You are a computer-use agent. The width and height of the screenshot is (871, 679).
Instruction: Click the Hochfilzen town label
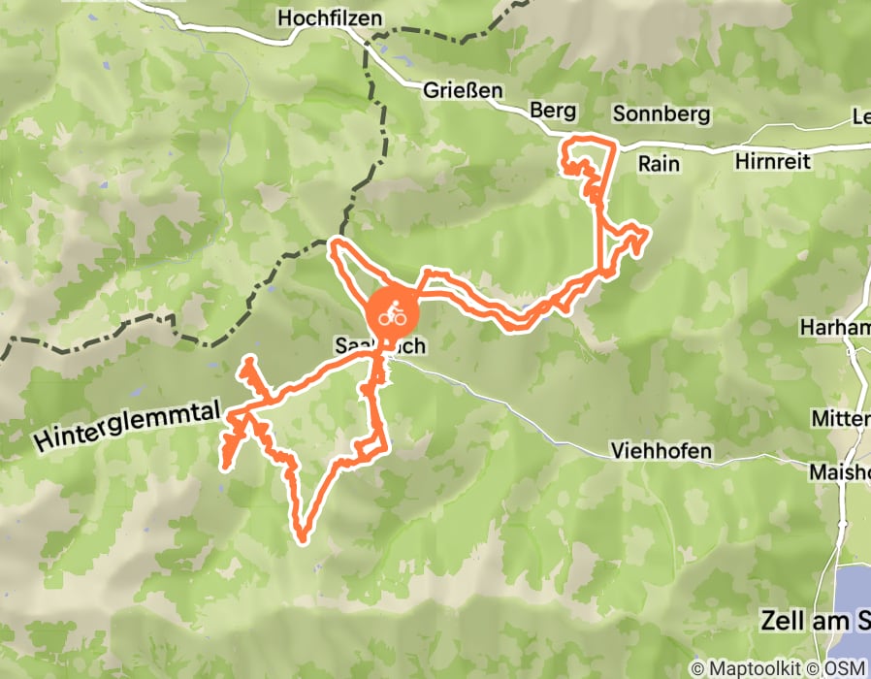point(329,18)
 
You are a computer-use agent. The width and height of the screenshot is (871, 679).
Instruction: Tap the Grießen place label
point(463,90)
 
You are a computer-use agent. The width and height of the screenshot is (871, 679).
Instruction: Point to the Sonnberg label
point(661,114)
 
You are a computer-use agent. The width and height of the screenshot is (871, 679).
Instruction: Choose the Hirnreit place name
point(772,162)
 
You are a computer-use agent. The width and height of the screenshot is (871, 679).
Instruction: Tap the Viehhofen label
point(661,451)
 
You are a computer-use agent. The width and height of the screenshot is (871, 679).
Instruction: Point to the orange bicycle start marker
point(392,314)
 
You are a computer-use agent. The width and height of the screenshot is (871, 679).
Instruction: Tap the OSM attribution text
point(843,668)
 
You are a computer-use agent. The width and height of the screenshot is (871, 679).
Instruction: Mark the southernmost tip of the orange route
point(302,535)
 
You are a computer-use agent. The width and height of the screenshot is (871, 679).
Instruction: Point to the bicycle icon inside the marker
point(392,314)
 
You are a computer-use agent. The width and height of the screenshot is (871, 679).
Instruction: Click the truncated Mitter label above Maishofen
point(842,419)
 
